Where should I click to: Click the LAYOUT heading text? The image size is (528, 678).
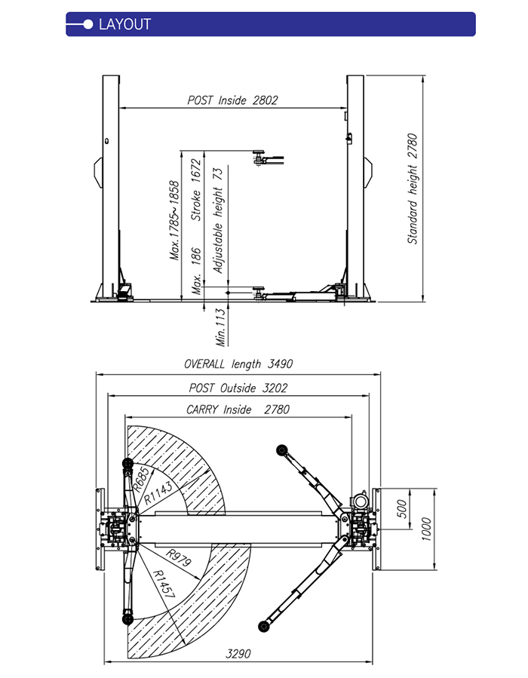tap(125, 24)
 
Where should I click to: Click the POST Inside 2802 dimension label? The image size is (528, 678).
tap(232, 100)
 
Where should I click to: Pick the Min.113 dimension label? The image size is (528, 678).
tap(221, 326)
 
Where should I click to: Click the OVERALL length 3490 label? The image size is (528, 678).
tap(238, 364)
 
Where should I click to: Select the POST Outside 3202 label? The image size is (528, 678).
tap(238, 388)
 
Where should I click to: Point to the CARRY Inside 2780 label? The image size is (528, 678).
tap(238, 410)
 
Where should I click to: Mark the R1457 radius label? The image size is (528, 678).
tap(164, 584)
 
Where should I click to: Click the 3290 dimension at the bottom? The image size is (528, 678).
tap(238, 653)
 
